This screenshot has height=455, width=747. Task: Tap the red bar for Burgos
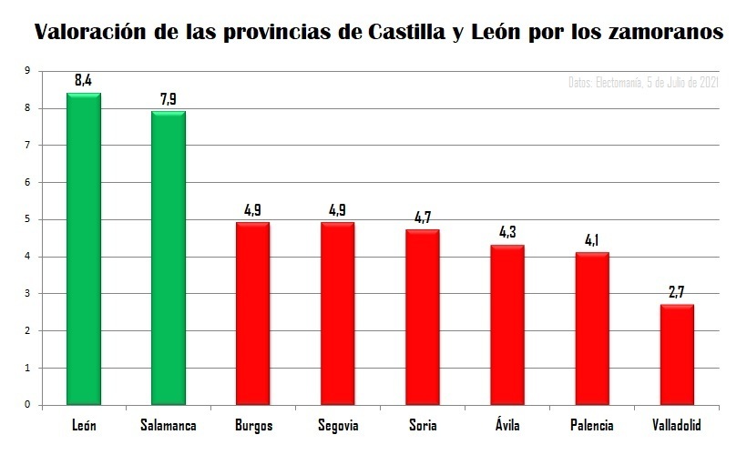252,313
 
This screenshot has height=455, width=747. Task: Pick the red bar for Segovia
337,313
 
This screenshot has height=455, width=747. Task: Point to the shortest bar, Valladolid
677,354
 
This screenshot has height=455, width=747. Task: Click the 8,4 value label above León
83,81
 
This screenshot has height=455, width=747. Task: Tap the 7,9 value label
168,99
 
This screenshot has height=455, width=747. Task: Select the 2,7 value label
677,292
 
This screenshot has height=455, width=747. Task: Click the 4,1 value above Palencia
592,240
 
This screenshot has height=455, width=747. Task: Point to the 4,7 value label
422,218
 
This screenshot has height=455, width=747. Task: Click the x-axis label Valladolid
677,426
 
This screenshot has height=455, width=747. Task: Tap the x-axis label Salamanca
168,426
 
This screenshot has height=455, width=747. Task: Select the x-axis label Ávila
507,425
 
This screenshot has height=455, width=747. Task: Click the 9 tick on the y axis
27,71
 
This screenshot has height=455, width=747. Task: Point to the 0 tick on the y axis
27,405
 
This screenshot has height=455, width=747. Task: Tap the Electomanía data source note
643,83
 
